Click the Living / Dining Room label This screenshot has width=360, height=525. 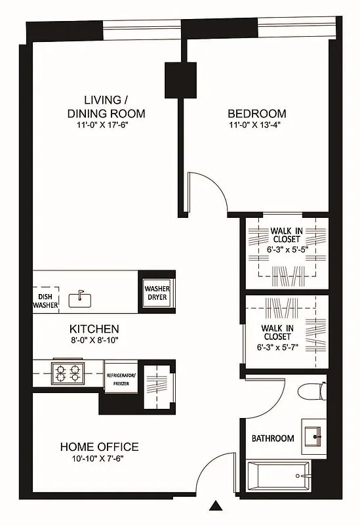click(106, 106)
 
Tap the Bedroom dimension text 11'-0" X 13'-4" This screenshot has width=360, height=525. click(257, 125)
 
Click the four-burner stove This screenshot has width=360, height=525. click(68, 373)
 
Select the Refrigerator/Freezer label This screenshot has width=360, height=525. click(120, 378)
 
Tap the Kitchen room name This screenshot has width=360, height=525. click(94, 328)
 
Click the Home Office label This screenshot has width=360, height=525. click(99, 447)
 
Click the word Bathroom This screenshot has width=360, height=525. click(273, 438)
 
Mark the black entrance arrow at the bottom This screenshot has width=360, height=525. click(215, 505)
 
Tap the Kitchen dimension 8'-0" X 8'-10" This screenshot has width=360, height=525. click(94, 340)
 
